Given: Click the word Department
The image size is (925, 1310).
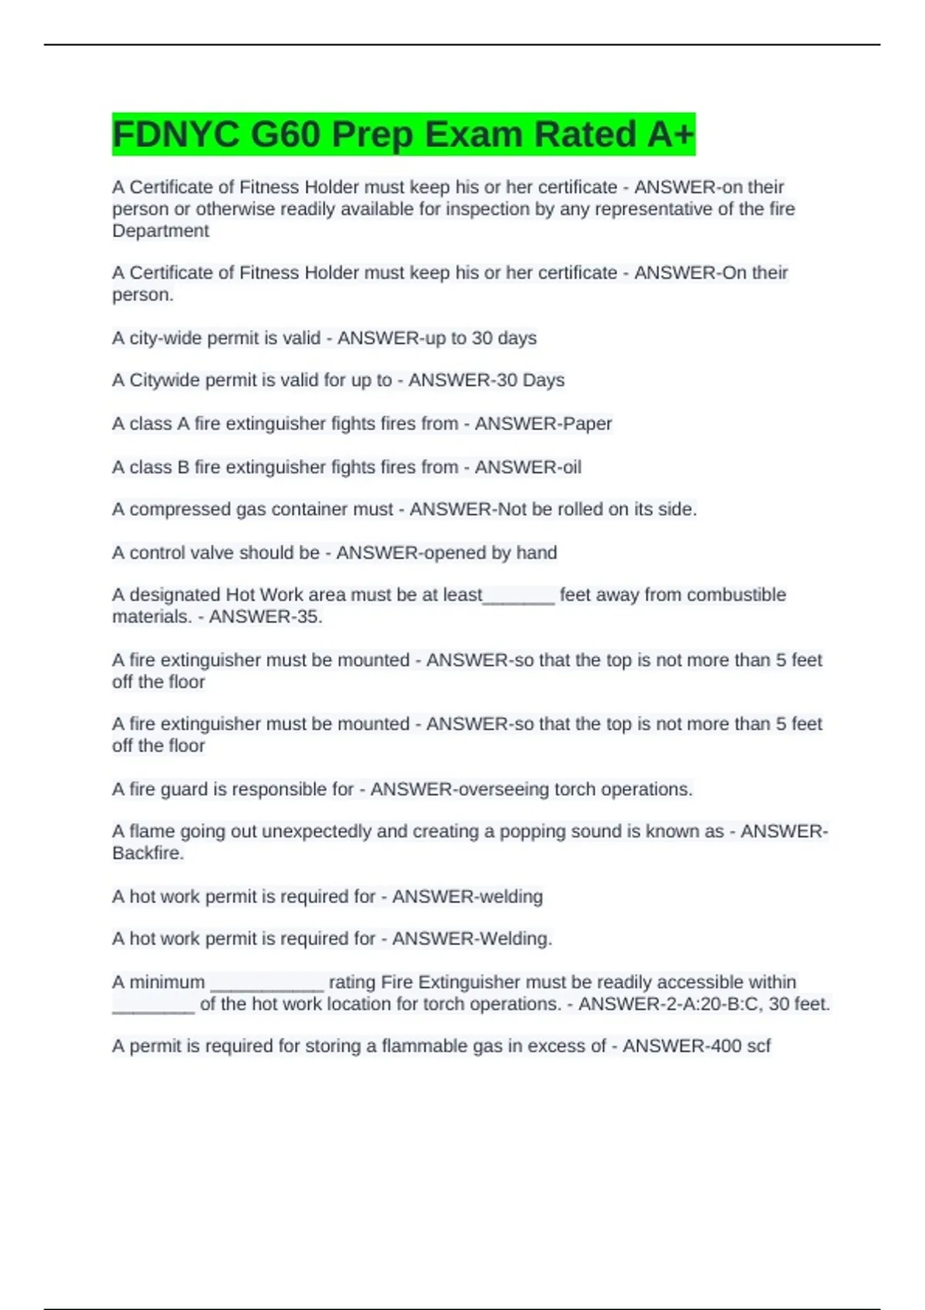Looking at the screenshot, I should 160,231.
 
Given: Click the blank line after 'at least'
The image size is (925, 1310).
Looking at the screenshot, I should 519,598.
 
